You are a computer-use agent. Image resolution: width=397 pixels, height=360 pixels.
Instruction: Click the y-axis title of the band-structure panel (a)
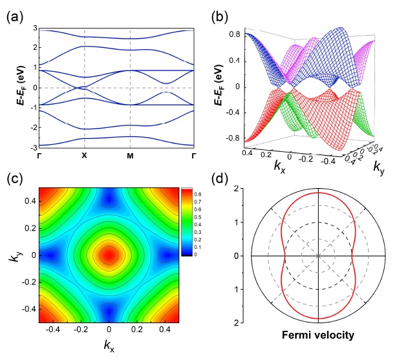12,88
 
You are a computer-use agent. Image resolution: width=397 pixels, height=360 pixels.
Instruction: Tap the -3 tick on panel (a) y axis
32,147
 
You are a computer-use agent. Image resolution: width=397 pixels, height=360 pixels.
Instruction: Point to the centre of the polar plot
318,255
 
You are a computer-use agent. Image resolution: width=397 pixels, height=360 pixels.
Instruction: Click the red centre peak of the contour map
109,254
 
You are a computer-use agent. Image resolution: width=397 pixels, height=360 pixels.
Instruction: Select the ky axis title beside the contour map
14,254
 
